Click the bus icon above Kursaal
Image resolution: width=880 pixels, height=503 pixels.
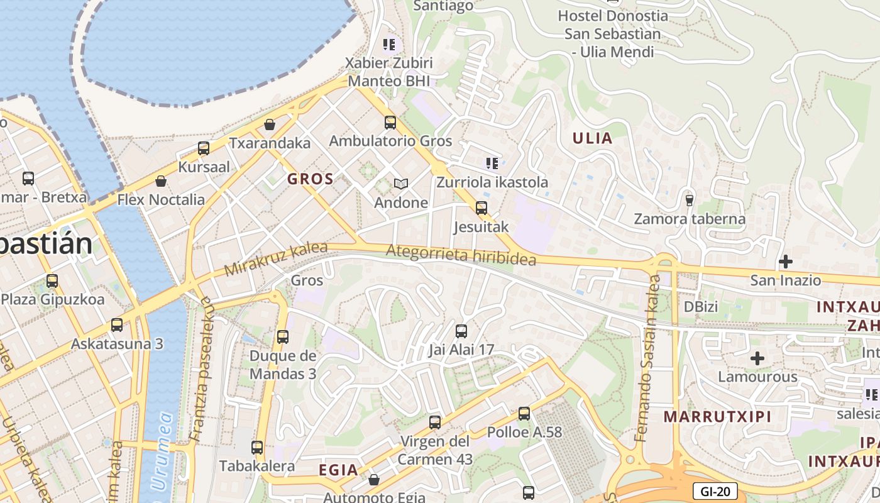pos(204,148)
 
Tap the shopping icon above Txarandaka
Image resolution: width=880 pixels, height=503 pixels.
pos(270,124)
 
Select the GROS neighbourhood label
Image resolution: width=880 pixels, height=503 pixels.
pos(310,179)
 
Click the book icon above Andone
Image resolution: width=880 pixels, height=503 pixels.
pos(400,184)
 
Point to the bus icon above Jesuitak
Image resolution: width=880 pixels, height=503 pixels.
pos(481,207)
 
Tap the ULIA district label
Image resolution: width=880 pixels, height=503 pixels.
pos(592,138)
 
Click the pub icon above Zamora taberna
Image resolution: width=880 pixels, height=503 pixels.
pos(690,200)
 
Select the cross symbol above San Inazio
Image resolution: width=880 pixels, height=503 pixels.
pos(786,261)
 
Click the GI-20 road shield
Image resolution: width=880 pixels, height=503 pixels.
pos(715,491)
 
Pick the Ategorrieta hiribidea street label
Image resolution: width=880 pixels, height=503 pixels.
pos(461,255)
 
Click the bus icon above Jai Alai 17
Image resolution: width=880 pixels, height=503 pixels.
pos(461,331)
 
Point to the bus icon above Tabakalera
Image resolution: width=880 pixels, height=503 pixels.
pos(257,448)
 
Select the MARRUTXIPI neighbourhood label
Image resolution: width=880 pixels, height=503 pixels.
pos(717,416)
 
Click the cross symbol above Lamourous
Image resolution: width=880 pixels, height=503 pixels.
pos(757,358)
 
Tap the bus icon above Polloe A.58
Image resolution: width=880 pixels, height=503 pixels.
pos(524,414)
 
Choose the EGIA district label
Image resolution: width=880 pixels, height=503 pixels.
pos(338,470)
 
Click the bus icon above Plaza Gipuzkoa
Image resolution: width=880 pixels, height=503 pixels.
pos(52,280)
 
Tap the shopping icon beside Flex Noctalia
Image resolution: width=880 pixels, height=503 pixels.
pos(161,181)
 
